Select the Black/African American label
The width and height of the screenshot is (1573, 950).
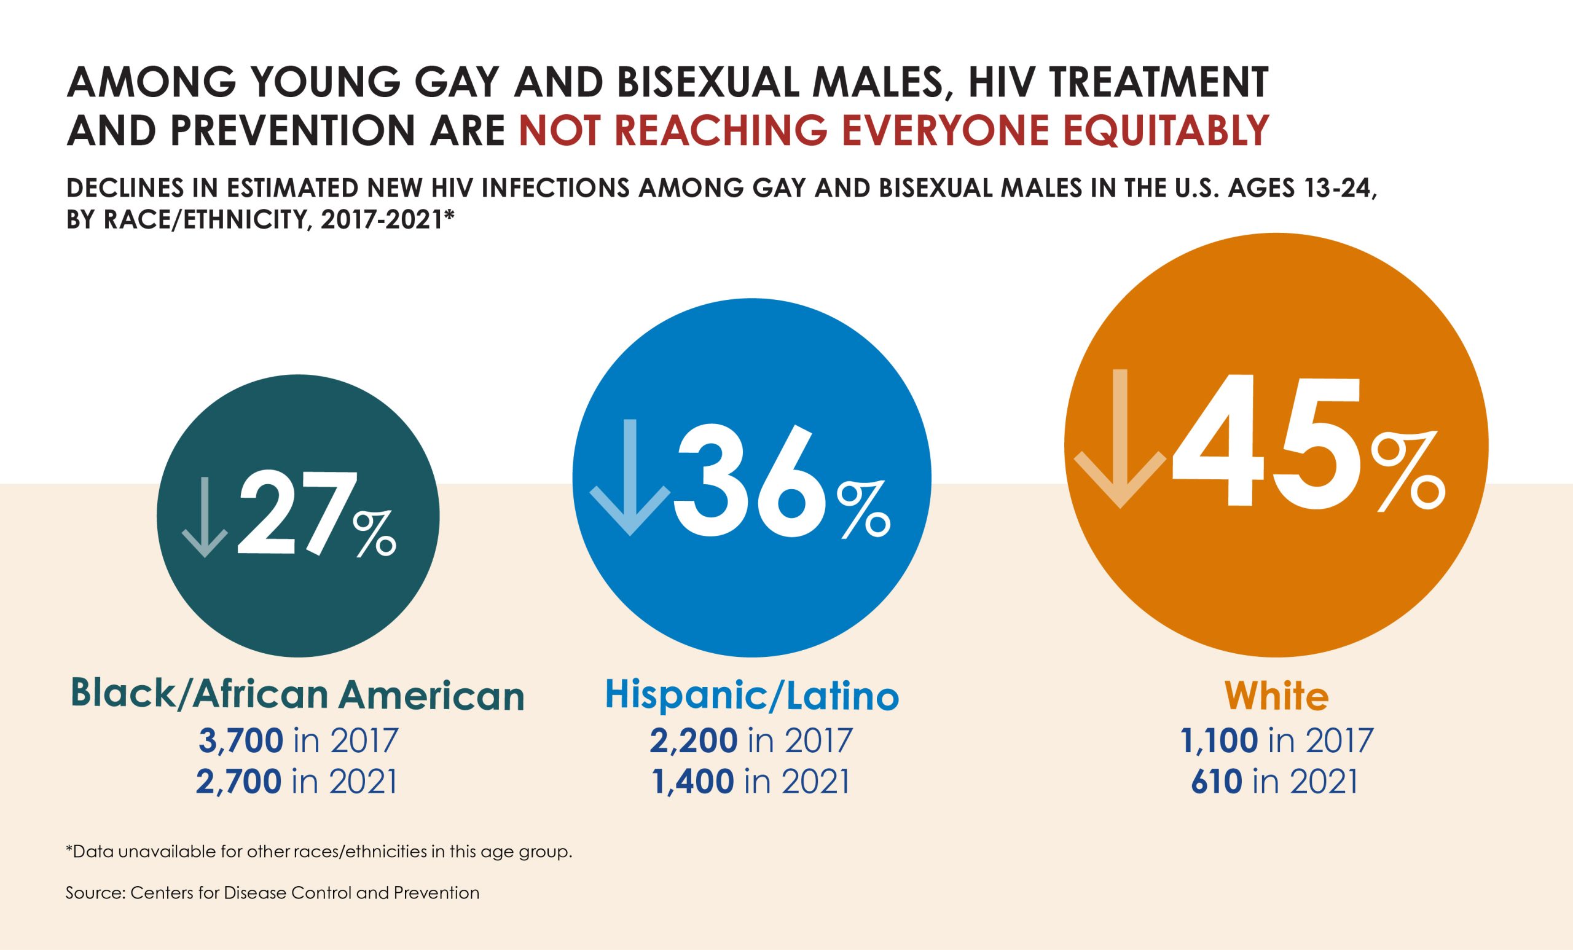tap(297, 695)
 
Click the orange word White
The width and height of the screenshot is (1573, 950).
tap(1276, 697)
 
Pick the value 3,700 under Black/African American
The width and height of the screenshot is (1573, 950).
tap(240, 740)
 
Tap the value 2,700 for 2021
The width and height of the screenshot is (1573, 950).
tap(239, 782)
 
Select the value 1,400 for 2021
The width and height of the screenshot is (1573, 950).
tap(692, 782)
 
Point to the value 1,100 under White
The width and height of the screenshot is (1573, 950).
tap(1219, 740)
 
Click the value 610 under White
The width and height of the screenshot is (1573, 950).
tap(1216, 782)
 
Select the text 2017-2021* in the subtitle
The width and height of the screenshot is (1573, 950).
tap(387, 219)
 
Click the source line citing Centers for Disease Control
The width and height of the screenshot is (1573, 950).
tap(272, 892)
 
